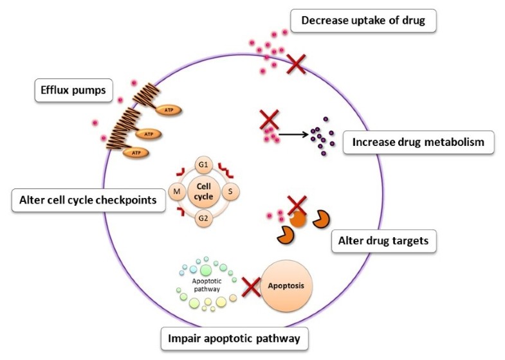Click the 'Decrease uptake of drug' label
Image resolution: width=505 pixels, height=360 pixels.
(x=364, y=22)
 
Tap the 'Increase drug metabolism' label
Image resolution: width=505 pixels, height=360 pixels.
(x=418, y=142)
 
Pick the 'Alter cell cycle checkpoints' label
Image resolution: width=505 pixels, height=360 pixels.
(x=85, y=201)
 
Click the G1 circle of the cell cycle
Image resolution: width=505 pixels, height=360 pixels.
(x=203, y=166)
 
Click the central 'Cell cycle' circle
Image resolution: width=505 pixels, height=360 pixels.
(x=203, y=191)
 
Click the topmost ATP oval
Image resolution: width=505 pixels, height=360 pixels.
(x=169, y=110)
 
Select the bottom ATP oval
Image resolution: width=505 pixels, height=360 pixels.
(x=136, y=152)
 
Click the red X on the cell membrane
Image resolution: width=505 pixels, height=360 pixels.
(x=297, y=63)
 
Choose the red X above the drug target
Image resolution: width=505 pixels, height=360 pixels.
(x=297, y=206)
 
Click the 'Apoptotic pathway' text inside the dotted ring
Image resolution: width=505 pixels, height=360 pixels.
(x=207, y=285)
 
